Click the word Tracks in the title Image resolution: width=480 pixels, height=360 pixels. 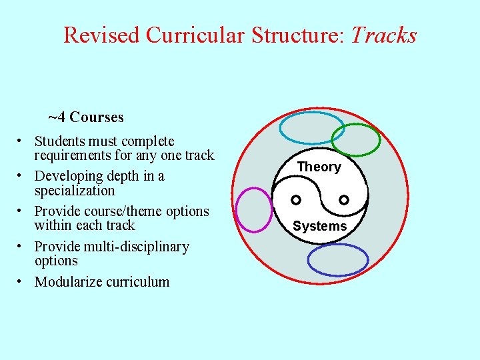tap(383, 35)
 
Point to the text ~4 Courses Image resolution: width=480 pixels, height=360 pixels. tap(86, 117)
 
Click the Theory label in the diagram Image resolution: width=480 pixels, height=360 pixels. tap(319, 167)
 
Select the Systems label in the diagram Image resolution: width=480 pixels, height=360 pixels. tap(320, 226)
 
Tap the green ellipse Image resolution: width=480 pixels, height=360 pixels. tap(356, 139)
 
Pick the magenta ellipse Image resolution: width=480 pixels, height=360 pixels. tap(255, 209)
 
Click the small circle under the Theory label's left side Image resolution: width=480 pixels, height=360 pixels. tap(297, 199)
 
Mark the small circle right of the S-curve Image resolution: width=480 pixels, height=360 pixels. tap(344, 199)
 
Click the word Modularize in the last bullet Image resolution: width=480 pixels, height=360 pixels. tap(67, 281)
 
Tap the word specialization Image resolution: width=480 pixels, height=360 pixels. tap(75, 191)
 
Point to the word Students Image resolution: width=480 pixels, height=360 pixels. tap(60, 141)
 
